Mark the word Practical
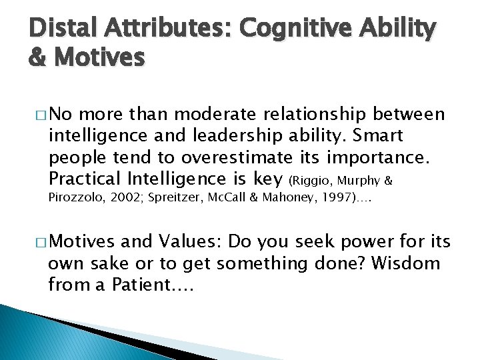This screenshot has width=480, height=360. pos(82,179)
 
